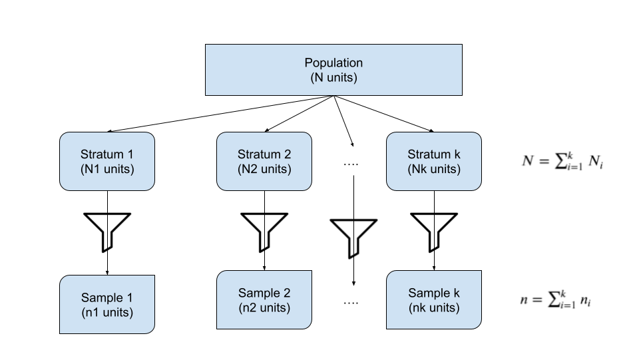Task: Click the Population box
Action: (333, 70)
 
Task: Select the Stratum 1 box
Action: (107, 162)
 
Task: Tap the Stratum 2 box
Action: (264, 162)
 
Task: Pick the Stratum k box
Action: (434, 162)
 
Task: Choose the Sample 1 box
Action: (107, 304)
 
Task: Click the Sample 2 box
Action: (264, 300)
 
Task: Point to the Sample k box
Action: (434, 300)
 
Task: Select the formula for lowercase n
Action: (556, 300)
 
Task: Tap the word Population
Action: (333, 63)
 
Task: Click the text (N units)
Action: (333, 77)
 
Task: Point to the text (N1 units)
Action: (107, 169)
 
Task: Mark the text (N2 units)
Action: (264, 169)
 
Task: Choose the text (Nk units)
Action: (434, 169)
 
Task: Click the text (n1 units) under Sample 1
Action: (107, 312)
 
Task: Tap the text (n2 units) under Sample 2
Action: (264, 307)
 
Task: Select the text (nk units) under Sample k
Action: (434, 307)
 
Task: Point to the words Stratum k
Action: (434, 154)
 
